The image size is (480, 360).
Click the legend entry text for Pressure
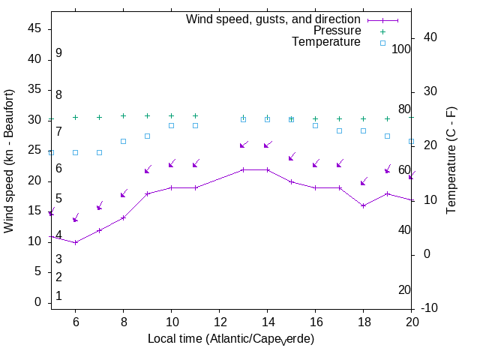[337, 31]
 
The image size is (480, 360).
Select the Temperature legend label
[326, 42]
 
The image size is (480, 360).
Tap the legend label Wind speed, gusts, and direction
[273, 19]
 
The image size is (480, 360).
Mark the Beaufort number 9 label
[58, 53]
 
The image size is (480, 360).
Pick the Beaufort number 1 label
[58, 296]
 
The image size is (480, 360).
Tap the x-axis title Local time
[230, 339]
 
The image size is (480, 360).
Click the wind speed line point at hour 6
[75, 242]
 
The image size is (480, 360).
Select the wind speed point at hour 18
[363, 205]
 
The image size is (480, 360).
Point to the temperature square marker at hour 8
[123, 141]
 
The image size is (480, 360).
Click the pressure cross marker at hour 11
[195, 116]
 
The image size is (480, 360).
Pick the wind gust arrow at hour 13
[243, 145]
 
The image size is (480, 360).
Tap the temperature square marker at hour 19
[387, 136]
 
